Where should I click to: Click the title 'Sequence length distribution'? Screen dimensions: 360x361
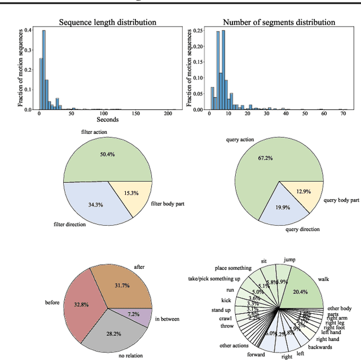(x=108, y=23)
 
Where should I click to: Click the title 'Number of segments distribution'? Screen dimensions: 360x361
(x=279, y=23)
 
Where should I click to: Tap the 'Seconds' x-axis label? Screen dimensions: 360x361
(x=108, y=120)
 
